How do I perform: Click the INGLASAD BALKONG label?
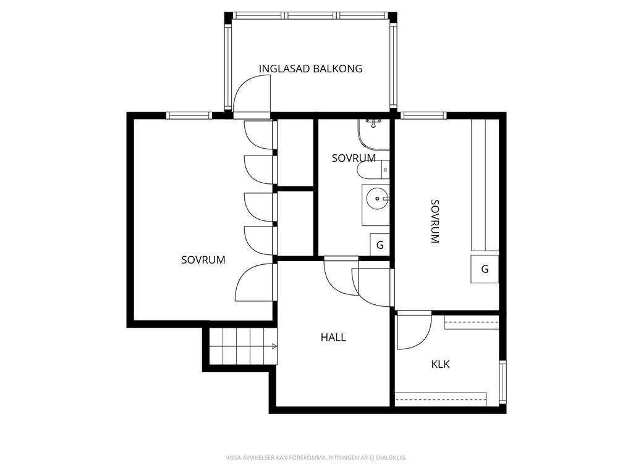point(310,69)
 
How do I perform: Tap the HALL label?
point(333,338)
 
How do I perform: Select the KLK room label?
point(440,364)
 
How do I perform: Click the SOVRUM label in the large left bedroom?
point(203,260)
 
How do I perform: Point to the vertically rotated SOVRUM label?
point(435,222)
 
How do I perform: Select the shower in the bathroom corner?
point(373,134)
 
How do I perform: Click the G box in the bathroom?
point(380,244)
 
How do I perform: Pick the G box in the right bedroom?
point(485,269)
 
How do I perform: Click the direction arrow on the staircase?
point(274,346)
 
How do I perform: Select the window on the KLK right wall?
point(502,381)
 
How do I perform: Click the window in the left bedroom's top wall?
point(189,115)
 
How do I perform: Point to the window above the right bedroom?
point(423,115)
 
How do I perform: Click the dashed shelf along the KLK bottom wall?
point(441,399)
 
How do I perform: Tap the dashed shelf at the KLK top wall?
point(472,322)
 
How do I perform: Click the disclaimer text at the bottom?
point(316,458)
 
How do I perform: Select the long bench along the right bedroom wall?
point(485,185)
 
